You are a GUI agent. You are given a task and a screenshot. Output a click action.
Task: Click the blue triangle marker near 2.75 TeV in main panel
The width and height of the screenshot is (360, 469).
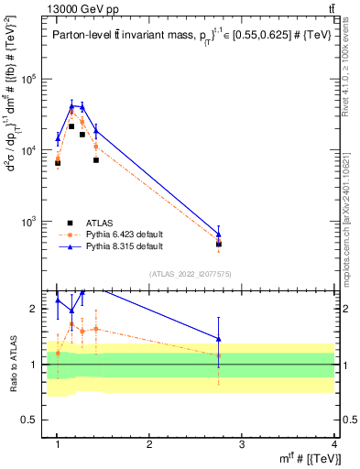219,234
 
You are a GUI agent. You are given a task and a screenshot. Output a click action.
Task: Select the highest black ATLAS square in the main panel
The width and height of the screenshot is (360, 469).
71,126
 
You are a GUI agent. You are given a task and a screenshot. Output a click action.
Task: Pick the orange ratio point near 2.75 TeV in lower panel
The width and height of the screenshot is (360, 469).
219,355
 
